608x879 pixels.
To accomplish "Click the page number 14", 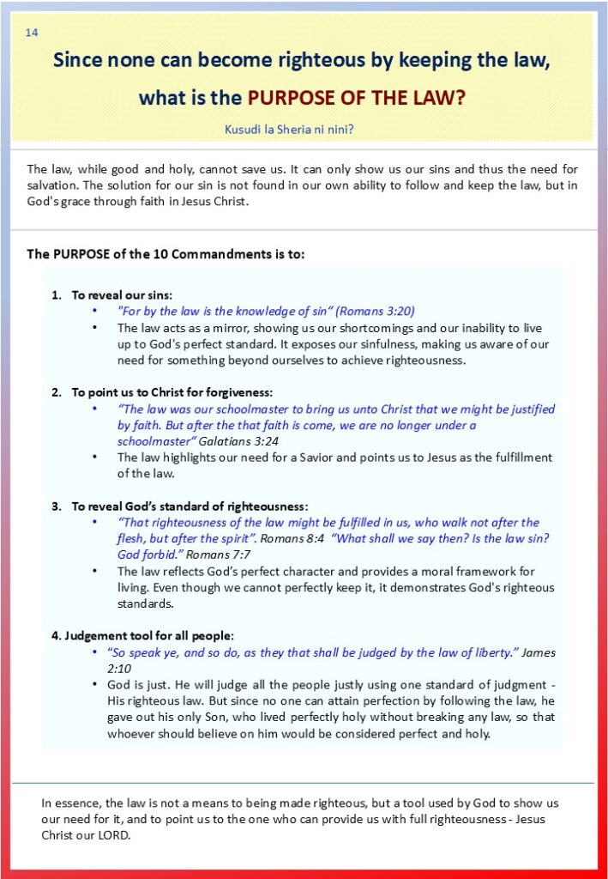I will coord(32,33).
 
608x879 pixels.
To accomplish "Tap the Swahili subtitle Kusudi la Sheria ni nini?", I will coord(289,130).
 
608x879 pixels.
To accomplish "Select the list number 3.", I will coord(55,506).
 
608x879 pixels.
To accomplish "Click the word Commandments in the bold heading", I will coord(204,254).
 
